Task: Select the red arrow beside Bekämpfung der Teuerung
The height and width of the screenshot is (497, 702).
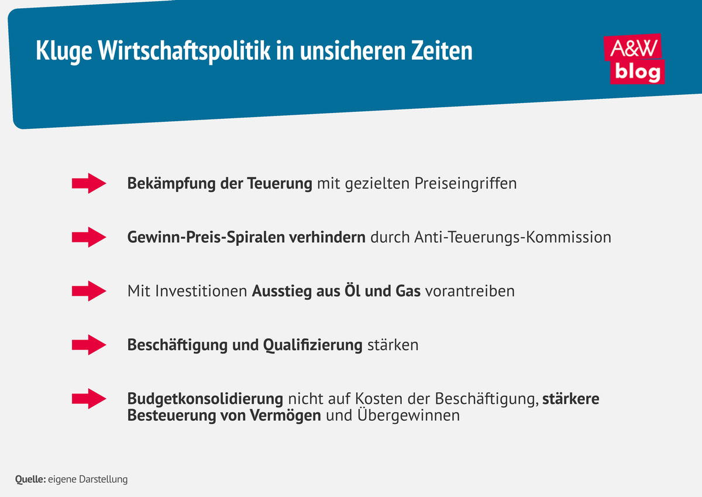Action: coord(88,183)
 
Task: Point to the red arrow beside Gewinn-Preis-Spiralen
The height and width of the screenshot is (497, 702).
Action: coord(88,237)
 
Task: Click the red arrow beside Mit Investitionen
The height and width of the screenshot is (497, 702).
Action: coord(88,291)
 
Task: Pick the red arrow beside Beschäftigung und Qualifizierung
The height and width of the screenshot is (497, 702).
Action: coord(88,345)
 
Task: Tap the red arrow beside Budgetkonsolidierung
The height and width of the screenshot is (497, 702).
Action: coord(88,399)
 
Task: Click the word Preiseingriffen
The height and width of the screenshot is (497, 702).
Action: coord(466,184)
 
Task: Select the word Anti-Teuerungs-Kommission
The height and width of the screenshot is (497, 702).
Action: coord(512,238)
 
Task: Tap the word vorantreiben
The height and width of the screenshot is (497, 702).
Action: coord(470,292)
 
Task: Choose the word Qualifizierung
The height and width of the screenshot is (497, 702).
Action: coord(313,345)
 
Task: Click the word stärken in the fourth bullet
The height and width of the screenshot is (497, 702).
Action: coord(393,345)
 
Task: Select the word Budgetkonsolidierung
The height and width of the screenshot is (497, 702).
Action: coord(205,399)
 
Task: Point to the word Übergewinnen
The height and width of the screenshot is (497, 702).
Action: coord(409,416)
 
